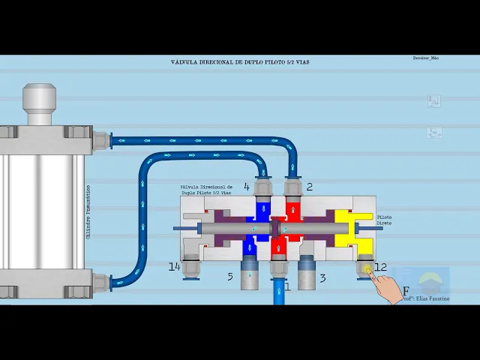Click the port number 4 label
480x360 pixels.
(247, 187)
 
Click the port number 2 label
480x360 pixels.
(309, 187)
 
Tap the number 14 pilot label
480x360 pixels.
(174, 266)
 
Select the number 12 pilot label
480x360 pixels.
(381, 267)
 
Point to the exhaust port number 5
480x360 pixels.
(230, 277)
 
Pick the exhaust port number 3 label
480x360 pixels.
(322, 277)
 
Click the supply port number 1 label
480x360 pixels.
(286, 286)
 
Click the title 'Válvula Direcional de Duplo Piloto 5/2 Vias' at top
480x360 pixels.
(239, 62)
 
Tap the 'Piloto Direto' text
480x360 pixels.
(384, 220)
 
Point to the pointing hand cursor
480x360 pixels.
(386, 287)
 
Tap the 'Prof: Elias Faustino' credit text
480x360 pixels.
(428, 298)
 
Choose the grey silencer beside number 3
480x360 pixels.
(306, 275)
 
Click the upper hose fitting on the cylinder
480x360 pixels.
(100, 139)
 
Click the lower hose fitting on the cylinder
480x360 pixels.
(100, 282)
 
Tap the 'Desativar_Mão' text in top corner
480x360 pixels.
(425, 58)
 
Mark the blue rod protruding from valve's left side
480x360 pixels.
(187, 228)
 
